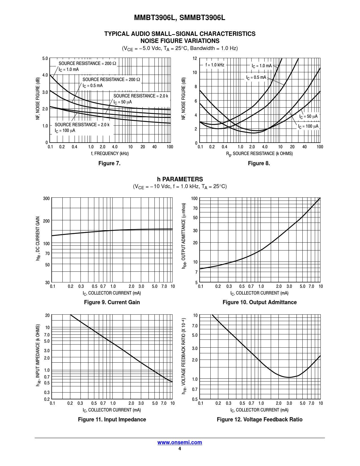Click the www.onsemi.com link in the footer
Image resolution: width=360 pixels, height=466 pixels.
[x=180, y=442]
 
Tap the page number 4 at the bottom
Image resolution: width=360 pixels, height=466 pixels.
[x=180, y=449]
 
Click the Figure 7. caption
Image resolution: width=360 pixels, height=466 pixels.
[x=109, y=163]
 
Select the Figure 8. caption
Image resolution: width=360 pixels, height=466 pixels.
[x=259, y=163]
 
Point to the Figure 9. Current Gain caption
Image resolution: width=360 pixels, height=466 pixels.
[x=112, y=302]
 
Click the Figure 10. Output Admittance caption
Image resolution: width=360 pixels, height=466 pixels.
[x=259, y=302]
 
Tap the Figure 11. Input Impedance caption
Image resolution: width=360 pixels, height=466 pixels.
[x=112, y=419]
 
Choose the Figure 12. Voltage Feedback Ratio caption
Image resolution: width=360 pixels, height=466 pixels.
[x=259, y=419]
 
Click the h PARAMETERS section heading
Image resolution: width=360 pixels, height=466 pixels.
[x=180, y=179]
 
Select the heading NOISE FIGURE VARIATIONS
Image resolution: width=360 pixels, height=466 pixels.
[x=180, y=41]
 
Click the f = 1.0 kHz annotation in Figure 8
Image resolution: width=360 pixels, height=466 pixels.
[x=215, y=65]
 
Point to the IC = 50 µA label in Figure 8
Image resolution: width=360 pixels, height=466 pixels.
[x=308, y=116]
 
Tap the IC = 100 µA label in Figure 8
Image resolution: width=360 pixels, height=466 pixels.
[x=308, y=126]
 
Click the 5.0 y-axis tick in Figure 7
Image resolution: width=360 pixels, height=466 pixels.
[x=45, y=59]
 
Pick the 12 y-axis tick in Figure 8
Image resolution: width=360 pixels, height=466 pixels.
[x=195, y=58]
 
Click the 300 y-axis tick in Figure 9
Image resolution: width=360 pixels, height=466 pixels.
[x=46, y=199]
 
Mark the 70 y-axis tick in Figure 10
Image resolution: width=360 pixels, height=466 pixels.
[x=195, y=208]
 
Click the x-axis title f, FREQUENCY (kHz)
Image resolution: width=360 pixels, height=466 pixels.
[x=110, y=153]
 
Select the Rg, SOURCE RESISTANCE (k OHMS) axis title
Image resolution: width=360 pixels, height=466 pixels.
[x=259, y=154]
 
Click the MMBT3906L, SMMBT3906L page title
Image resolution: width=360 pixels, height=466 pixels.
[x=180, y=18]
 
